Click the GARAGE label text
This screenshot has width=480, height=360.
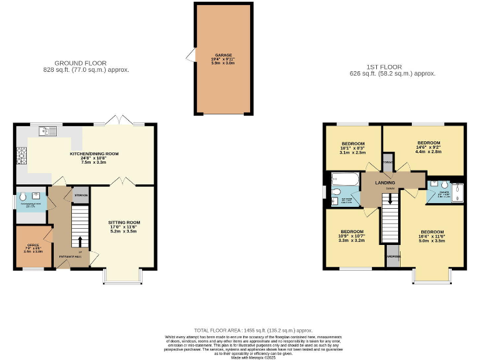click(224, 55)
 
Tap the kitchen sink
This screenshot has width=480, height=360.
click(47, 131)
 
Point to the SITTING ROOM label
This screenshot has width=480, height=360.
click(124, 222)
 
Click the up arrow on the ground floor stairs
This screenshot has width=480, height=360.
click(80, 240)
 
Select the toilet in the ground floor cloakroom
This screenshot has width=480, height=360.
click(22, 195)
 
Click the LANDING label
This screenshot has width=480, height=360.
click(385, 182)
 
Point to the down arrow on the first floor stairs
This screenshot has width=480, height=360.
click(390, 199)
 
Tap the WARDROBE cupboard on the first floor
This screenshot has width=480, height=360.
click(392, 256)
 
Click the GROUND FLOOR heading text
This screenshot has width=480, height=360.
click(80, 63)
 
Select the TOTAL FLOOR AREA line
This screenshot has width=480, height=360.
click(252, 330)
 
